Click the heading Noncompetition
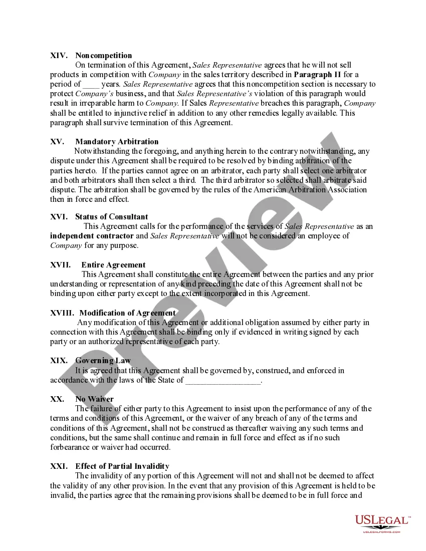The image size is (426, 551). (104, 55)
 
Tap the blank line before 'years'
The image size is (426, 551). (91, 84)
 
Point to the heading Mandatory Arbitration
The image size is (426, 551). (117, 142)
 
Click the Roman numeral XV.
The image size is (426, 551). (57, 142)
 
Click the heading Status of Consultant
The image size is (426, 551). (112, 217)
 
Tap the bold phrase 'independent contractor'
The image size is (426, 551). (92, 236)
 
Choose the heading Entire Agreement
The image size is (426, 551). (113, 265)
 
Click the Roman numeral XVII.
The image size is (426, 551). (61, 265)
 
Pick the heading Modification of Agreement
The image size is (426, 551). (127, 313)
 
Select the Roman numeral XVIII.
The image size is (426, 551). (63, 313)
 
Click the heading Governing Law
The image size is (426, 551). (103, 361)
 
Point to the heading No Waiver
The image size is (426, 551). (94, 399)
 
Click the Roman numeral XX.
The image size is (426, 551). (57, 399)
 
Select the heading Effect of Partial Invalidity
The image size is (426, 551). (122, 466)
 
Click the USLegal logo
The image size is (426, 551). (382, 522)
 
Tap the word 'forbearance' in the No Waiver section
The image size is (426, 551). (71, 447)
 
